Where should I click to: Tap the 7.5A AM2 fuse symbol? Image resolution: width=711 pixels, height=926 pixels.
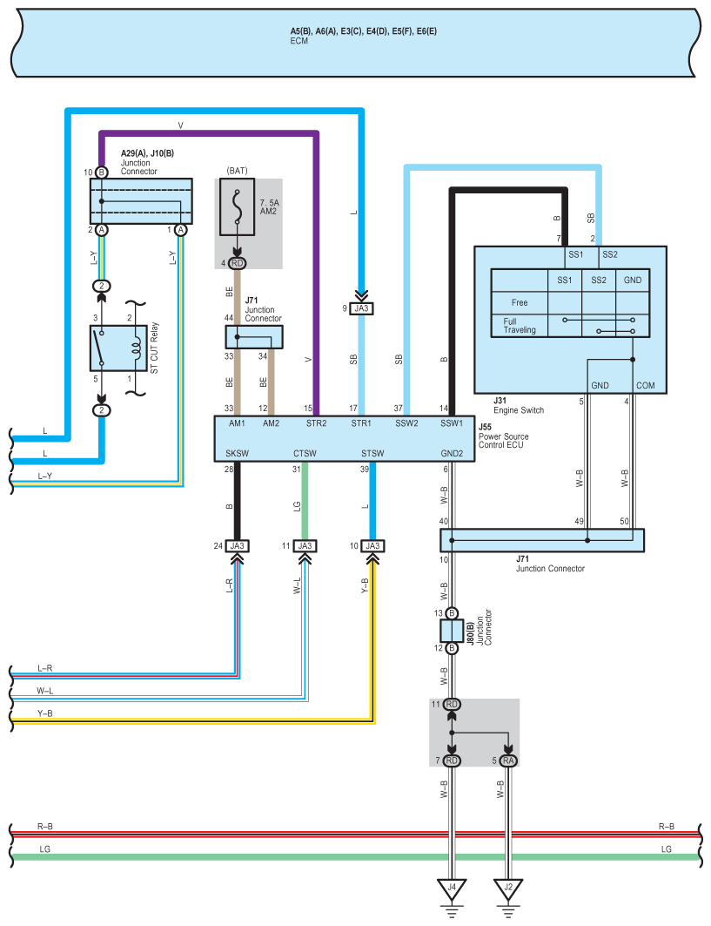tap(238, 207)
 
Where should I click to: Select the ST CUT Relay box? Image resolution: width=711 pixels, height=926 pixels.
tap(118, 348)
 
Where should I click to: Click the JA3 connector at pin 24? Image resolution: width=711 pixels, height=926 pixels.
tap(238, 546)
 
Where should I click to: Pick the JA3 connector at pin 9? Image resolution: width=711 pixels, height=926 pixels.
tap(361, 308)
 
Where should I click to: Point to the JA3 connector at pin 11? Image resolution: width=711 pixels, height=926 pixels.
tap(305, 546)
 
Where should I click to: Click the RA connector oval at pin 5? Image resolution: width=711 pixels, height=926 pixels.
tap(508, 760)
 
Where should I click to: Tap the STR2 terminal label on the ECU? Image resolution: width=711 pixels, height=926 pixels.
tap(316, 423)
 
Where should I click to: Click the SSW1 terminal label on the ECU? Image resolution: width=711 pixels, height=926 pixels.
tap(452, 423)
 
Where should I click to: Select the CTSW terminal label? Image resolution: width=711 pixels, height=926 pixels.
tap(305, 454)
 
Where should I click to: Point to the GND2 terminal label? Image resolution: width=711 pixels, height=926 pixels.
tap(452, 454)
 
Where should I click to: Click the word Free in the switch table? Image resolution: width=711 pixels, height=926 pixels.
tap(520, 302)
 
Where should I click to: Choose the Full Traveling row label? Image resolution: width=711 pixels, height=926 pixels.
tap(520, 326)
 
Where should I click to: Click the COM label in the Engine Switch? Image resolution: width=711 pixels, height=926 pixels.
tap(646, 386)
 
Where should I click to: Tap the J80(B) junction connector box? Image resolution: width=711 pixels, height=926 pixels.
tap(452, 631)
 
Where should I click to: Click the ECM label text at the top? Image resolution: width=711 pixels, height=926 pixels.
tap(299, 41)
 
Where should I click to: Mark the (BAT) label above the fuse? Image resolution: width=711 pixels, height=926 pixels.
tap(238, 171)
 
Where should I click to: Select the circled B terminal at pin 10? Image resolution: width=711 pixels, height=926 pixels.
tap(102, 172)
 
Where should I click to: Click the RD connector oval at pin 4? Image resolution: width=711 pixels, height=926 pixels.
tap(238, 263)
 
